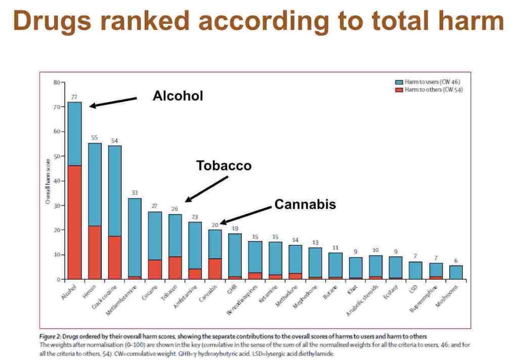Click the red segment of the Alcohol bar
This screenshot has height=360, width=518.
pos(75,222)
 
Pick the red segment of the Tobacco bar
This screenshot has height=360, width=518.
pos(175,268)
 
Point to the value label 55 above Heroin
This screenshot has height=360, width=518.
pos(95,138)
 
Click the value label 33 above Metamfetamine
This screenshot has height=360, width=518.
pos(135,193)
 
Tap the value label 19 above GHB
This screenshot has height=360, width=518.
pos(235,228)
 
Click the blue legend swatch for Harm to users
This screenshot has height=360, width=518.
pos(399,82)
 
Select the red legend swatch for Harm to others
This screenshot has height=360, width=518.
pos(399,89)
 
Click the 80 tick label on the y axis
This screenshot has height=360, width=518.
pos(57,82)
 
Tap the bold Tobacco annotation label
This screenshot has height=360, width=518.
pos(224,166)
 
